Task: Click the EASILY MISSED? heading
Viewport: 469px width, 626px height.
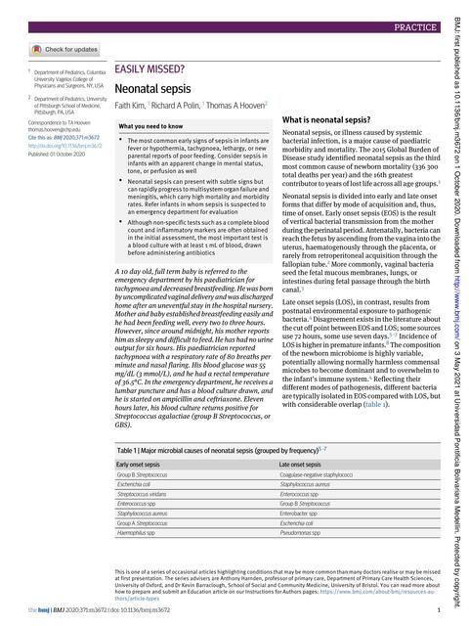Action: point(149,69)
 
